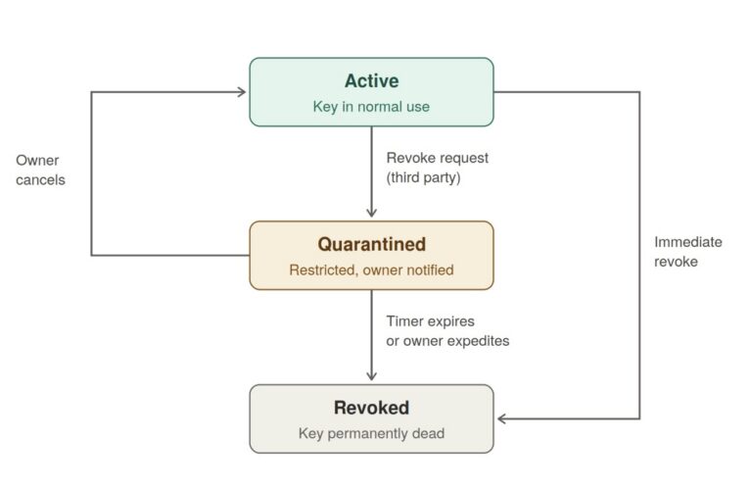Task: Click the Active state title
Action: point(372,80)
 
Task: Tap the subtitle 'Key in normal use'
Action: point(372,107)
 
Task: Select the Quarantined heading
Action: point(372,244)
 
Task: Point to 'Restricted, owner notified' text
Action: point(372,270)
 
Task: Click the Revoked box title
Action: point(372,408)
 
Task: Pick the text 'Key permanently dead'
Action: point(372,433)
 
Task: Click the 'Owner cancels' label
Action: point(40,171)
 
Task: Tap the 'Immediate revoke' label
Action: point(688,252)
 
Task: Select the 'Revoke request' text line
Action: point(438,158)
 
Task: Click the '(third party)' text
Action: point(423,177)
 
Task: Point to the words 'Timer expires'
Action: point(431,321)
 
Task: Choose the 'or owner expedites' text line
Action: point(448,341)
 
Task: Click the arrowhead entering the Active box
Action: point(243,92)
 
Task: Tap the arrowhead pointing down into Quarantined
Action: point(372,214)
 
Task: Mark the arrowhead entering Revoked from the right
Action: point(501,418)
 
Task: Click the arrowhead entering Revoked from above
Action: point(372,376)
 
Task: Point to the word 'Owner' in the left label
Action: point(38,161)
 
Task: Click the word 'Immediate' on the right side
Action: point(688,242)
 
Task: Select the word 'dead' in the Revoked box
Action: point(429,433)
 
